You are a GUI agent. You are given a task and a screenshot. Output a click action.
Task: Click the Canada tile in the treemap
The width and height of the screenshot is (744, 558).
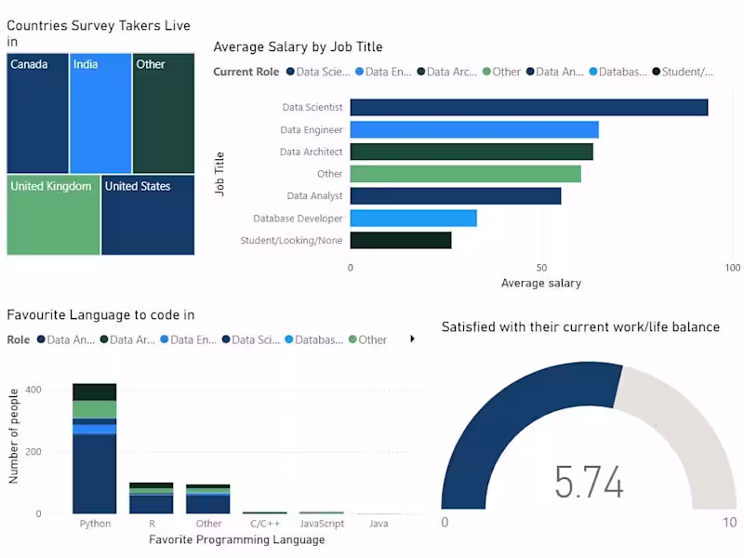point(37,113)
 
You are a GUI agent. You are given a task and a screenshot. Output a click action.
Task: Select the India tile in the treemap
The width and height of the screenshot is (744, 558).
point(100,113)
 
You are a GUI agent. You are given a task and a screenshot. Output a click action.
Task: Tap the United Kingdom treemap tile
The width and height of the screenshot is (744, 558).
point(53,215)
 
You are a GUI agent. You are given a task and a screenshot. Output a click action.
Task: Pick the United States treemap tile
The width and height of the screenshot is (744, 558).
point(148,215)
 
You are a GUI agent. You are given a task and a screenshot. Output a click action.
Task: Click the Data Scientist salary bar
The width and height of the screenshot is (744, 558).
point(528,108)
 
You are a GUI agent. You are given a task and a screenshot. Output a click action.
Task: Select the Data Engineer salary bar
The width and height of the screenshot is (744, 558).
point(474,130)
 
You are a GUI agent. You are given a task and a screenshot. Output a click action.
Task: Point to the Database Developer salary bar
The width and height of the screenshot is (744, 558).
point(413,219)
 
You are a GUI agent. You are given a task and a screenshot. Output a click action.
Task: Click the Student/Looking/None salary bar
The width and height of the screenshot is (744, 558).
point(401,241)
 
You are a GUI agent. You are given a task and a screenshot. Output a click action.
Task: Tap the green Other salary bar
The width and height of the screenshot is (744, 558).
point(465,174)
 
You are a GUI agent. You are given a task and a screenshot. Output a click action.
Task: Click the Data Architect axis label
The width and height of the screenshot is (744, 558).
point(311,152)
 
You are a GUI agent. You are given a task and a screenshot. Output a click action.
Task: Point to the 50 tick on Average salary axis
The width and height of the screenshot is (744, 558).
point(541,268)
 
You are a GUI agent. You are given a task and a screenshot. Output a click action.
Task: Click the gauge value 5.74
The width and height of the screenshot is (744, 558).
point(588,482)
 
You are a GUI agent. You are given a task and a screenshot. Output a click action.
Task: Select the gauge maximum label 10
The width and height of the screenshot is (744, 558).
point(729,523)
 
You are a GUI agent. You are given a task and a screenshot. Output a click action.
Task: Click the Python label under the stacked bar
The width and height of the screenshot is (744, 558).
point(95,524)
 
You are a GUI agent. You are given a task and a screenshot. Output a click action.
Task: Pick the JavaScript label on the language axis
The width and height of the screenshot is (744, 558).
point(322,524)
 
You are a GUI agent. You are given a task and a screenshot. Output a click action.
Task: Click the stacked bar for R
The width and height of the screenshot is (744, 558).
point(152,498)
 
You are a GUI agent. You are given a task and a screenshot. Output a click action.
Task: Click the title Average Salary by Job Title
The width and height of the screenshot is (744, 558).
point(298,46)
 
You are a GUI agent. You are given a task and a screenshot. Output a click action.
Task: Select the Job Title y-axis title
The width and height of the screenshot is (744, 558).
point(220,174)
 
